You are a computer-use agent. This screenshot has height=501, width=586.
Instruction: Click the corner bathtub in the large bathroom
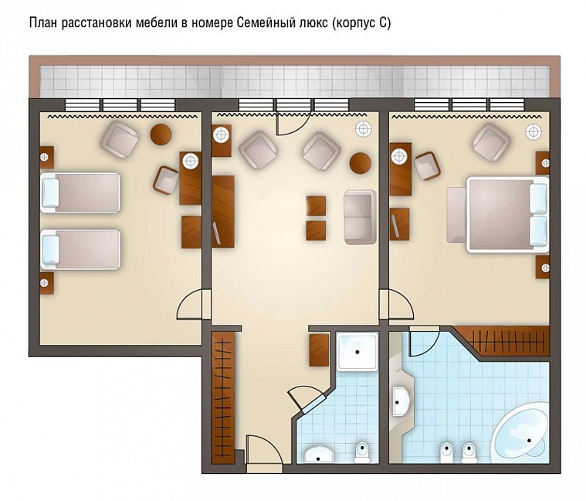pyautogui.click(x=520, y=433)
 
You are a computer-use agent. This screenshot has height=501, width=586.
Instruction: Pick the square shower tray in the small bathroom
pyautogui.click(x=357, y=352)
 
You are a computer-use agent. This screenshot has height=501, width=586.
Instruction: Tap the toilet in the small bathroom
pyautogui.click(x=362, y=452)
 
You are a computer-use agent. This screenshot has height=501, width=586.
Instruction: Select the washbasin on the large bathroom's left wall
pyautogui.click(x=401, y=401)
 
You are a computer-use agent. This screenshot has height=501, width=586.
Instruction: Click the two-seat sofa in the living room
pyautogui.click(x=360, y=217)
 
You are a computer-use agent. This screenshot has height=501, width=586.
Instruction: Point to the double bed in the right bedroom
pyautogui.click(x=507, y=214)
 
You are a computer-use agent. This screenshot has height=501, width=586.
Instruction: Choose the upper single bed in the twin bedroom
pyautogui.click(x=80, y=193)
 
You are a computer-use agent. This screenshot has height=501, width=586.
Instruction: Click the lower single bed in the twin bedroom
pyautogui.click(x=80, y=249)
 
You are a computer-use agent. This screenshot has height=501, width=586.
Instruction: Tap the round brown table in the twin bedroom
pyautogui.click(x=161, y=134)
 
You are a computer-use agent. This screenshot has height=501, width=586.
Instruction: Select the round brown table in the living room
pyautogui.click(x=361, y=163)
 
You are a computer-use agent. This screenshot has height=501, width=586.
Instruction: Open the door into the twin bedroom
pyautogui.click(x=190, y=305)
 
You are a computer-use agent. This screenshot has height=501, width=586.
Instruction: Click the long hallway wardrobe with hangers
pyautogui.click(x=222, y=397)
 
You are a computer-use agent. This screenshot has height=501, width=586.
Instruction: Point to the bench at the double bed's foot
pyautogui.click(x=456, y=215)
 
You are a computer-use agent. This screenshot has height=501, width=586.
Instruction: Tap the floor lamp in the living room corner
pyautogui.click(x=364, y=129)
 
